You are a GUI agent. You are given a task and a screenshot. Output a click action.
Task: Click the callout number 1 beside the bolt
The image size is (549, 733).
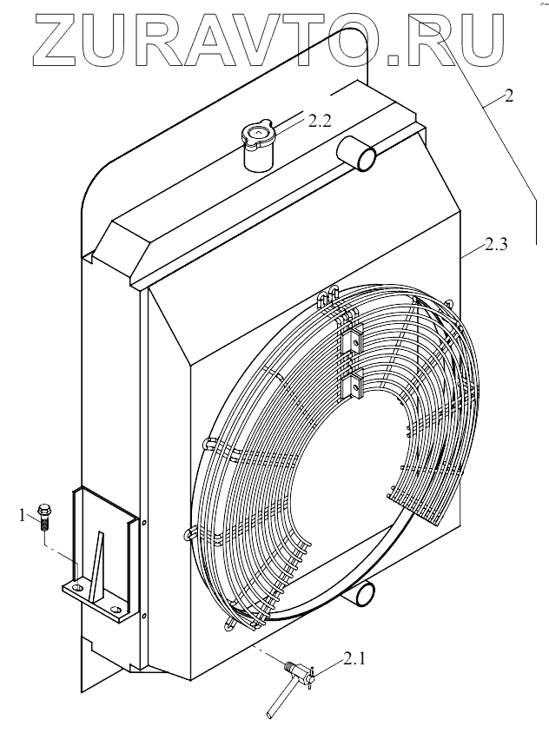[x=23, y=516]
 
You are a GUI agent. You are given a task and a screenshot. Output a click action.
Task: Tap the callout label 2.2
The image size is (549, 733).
[x=319, y=121]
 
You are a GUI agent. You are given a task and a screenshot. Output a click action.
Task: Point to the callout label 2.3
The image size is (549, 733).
[x=496, y=246]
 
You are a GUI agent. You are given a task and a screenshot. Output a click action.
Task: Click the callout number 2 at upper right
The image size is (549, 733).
[x=508, y=96]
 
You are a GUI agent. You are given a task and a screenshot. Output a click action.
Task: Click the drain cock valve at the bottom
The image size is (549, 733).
[x=298, y=671]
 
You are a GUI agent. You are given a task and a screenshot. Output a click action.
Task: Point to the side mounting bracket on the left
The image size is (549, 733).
[x=102, y=556]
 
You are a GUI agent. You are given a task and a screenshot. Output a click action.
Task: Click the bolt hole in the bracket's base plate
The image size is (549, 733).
[x=78, y=589]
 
